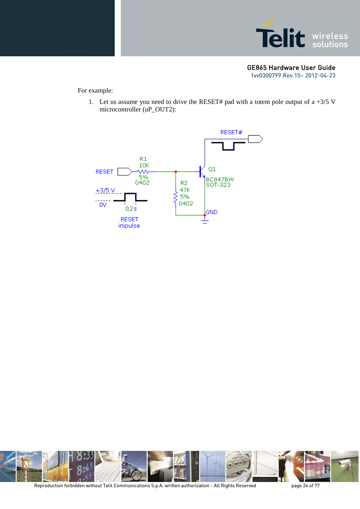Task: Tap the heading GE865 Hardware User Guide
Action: pyautogui.click(x=291, y=68)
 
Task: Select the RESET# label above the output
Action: pyautogui.click(x=231, y=132)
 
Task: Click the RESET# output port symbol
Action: pyautogui.click(x=256, y=139)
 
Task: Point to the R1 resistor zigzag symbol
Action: pyautogui.click(x=143, y=172)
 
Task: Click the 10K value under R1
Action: pyautogui.click(x=144, y=165)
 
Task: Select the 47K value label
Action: pyautogui.click(x=185, y=190)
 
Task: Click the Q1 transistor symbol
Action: pyautogui.click(x=202, y=172)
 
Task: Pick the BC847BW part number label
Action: pyautogui.click(x=220, y=179)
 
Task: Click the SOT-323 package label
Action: pyautogui.click(x=218, y=185)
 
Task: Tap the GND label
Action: pyautogui.click(x=211, y=212)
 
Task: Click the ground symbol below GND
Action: pyautogui.click(x=205, y=221)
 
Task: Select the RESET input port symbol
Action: pyautogui.click(x=124, y=172)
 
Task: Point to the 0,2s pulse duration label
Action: pyautogui.click(x=131, y=209)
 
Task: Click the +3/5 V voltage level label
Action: pyautogui.click(x=105, y=190)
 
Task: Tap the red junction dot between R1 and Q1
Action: pyautogui.click(x=176, y=172)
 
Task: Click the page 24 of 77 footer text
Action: pyautogui.click(x=305, y=485)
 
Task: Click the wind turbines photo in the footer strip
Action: pyautogui.click(x=212, y=466)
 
